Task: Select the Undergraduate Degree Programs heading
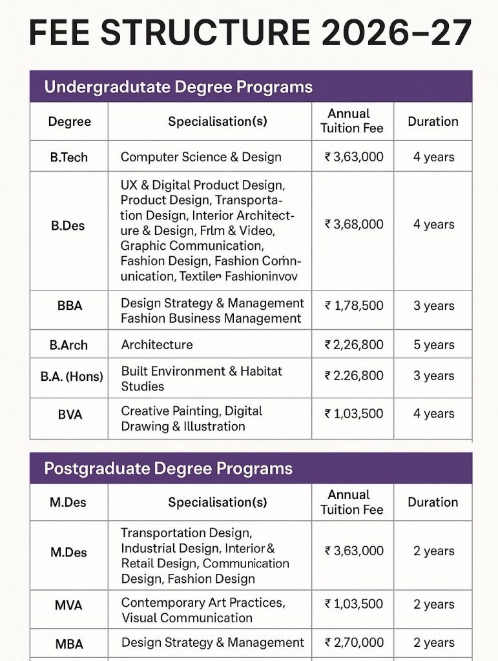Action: click(x=178, y=87)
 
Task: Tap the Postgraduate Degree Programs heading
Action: click(x=168, y=469)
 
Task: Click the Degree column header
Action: click(x=69, y=121)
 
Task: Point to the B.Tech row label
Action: click(x=69, y=157)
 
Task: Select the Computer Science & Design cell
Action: click(x=201, y=157)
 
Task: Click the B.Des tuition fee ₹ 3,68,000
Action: click(x=353, y=225)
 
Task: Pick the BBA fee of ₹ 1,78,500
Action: click(x=353, y=306)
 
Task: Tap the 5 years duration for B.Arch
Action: click(x=433, y=345)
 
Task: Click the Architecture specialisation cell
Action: click(x=157, y=345)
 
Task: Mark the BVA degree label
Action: click(x=69, y=414)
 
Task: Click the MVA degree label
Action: click(x=69, y=605)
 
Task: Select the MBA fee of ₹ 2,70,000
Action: click(x=353, y=642)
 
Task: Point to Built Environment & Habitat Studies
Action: click(x=202, y=379)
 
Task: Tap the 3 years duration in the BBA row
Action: click(x=433, y=306)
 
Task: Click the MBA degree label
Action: click(x=69, y=643)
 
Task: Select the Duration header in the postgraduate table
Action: click(x=433, y=502)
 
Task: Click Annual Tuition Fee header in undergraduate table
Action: click(x=351, y=121)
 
